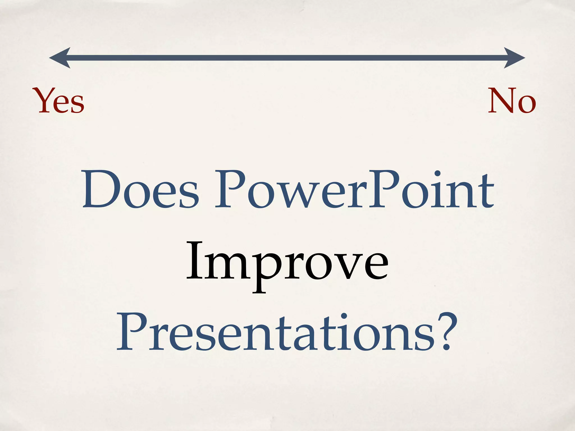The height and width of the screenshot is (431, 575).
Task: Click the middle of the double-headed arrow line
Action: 287,58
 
